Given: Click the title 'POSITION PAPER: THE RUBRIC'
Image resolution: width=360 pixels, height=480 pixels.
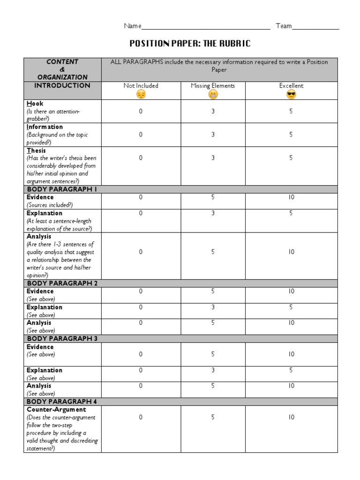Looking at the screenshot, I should click(x=190, y=44).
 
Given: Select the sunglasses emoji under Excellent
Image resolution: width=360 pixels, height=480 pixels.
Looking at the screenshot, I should click(x=291, y=94).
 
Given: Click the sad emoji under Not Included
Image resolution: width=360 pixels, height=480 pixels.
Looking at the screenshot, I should click(x=141, y=94).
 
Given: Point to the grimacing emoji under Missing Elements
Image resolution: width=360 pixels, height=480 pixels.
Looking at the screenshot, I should click(x=213, y=94).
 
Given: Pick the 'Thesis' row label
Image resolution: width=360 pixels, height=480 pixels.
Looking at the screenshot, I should click(x=37, y=150).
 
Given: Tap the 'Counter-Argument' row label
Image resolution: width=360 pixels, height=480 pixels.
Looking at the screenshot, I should click(x=56, y=410).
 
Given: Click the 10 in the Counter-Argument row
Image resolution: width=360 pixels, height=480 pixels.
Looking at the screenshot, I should click(x=291, y=417).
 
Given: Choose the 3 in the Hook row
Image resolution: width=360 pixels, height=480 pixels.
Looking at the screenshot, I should click(x=213, y=111).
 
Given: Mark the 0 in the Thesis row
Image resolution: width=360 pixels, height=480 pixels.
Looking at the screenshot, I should click(x=141, y=158).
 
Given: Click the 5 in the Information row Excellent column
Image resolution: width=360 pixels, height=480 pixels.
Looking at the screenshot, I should click(x=291, y=135).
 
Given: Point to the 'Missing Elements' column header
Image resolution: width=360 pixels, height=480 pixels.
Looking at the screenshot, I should click(x=213, y=86).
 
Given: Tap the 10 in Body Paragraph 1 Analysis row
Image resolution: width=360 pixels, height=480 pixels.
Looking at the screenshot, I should click(x=291, y=252).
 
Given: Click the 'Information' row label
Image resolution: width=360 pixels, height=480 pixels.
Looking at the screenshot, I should click(x=45, y=127).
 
